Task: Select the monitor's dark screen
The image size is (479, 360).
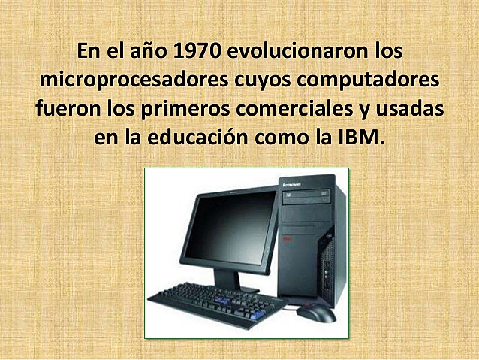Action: click(230, 228)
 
